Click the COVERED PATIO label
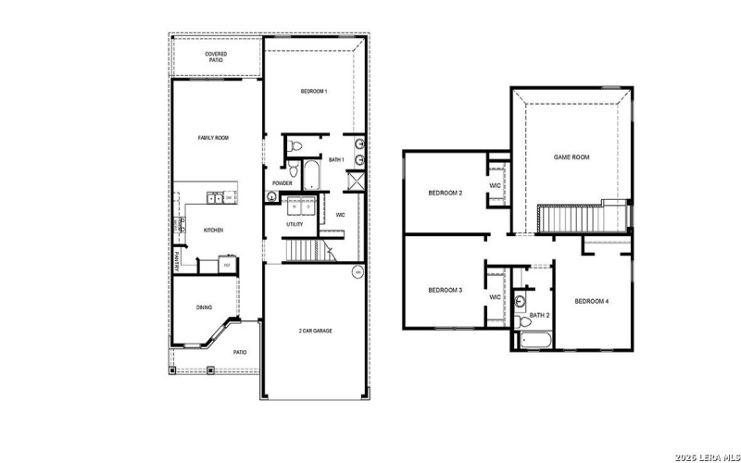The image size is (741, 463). tap(215, 56)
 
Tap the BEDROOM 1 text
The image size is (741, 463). tap(313, 91)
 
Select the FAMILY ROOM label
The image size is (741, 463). tap(213, 138)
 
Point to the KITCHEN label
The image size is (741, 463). tap(213, 230)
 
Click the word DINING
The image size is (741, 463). tap(204, 307)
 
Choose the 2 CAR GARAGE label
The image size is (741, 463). tap(316, 331)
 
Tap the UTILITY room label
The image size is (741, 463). tap(295, 224)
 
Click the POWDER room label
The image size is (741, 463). tap(283, 183)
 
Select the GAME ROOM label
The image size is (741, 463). tap(571, 157)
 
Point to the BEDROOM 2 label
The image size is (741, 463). tap(445, 193)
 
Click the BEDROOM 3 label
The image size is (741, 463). tap(445, 291)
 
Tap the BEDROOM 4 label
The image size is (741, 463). tap(591, 301)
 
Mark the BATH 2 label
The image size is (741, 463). tap(538, 316)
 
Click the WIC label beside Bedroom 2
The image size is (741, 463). tap(495, 185)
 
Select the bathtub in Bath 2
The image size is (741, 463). tap(534, 340)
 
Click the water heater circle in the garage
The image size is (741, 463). tap(358, 272)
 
